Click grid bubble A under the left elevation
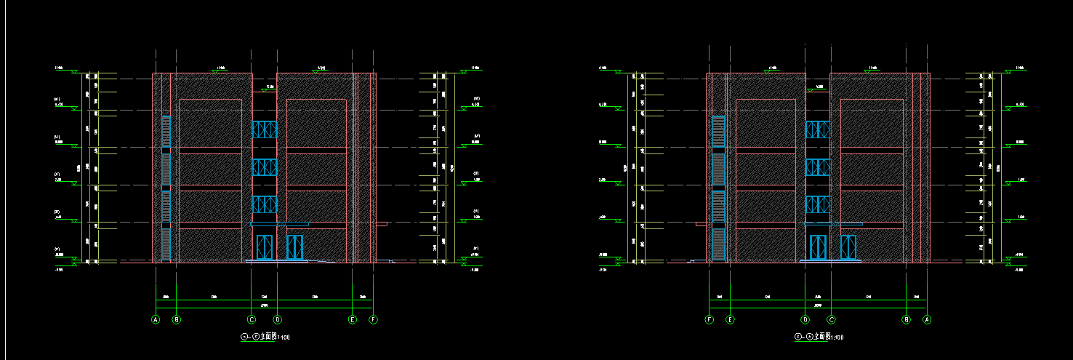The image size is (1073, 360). click(x=155, y=319)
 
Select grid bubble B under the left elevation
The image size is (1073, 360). click(x=176, y=319)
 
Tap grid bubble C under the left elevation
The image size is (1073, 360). click(x=252, y=319)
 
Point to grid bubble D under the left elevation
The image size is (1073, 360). click(x=277, y=319)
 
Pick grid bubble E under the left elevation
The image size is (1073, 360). click(x=353, y=319)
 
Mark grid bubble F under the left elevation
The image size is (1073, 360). click(x=373, y=319)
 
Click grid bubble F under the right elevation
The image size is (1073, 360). click(x=710, y=319)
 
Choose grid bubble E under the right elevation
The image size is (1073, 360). click(x=731, y=319)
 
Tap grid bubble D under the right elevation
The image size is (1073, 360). click(x=805, y=319)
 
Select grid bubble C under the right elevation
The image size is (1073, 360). click(x=832, y=319)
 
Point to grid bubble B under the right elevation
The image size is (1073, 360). click(x=907, y=319)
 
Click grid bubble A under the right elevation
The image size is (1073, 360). click(x=927, y=319)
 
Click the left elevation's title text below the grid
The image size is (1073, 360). click(x=265, y=337)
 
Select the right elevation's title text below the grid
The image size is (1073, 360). click(x=819, y=337)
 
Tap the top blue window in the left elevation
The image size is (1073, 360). click(x=265, y=129)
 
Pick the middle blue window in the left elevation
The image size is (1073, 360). click(x=265, y=167)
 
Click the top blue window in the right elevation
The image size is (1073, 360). click(x=818, y=129)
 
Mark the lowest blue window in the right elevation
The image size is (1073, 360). click(x=818, y=204)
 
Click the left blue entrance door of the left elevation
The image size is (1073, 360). click(x=264, y=247)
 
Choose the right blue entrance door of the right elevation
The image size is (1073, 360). click(x=848, y=247)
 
